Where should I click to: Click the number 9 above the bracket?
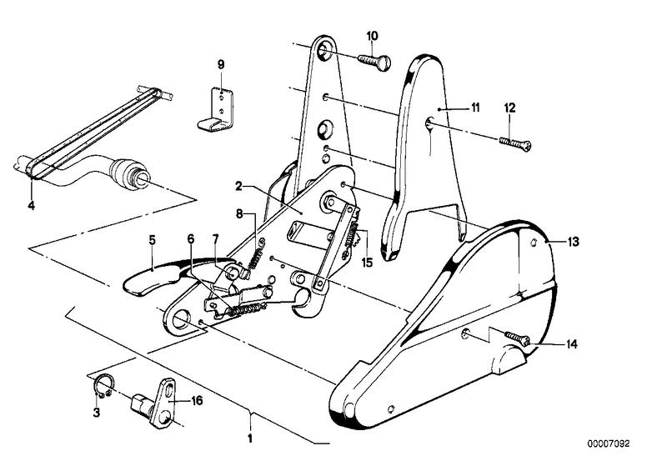pyautogui.click(x=221, y=63)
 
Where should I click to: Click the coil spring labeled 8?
pyautogui.click(x=257, y=254)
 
